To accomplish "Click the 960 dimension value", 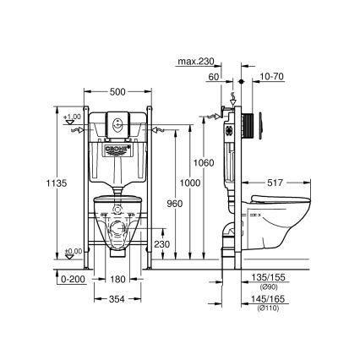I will pyautogui.click(x=175, y=204).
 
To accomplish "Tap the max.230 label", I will pyautogui.click(x=196, y=61).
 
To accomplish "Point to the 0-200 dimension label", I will pyautogui.click(x=74, y=276).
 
